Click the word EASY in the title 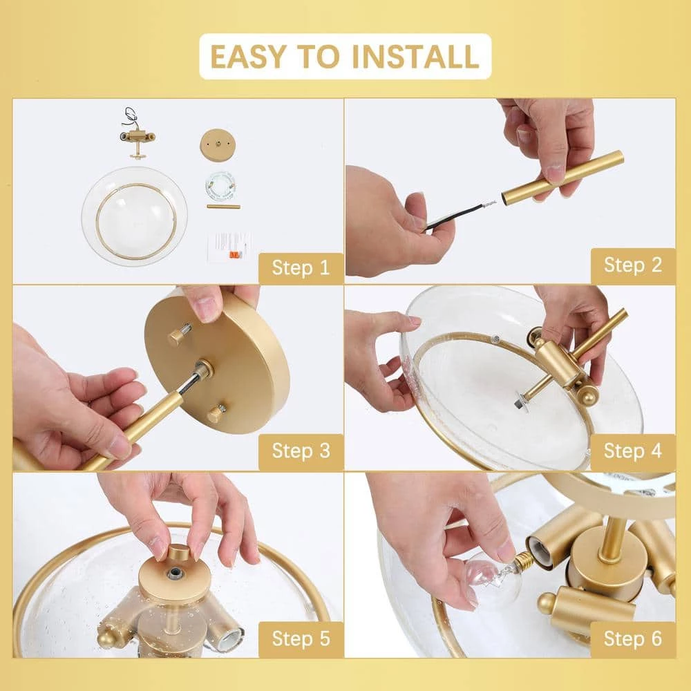(248, 57)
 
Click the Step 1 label (301, 267)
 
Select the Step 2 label (633, 265)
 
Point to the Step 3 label (301, 451)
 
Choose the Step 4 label (633, 451)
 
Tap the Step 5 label (301, 638)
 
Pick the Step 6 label (633, 638)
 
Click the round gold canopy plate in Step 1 (218, 145)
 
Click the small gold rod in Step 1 (223, 206)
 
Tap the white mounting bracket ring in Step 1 (220, 185)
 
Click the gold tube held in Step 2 (562, 176)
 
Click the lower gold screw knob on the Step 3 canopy (217, 414)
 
